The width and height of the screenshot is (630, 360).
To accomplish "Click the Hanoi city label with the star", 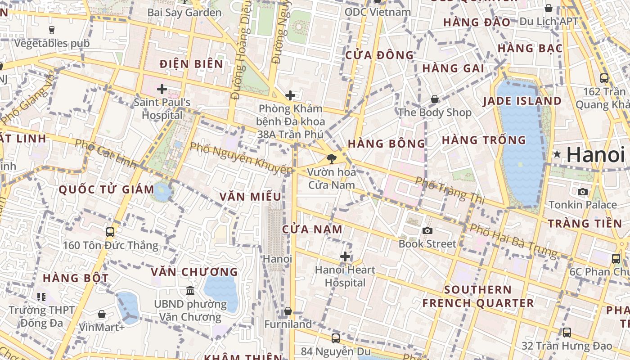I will [x=595, y=155].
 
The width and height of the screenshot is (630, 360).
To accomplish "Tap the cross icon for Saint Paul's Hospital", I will [x=162, y=89].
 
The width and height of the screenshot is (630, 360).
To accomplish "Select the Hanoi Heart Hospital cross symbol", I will [x=345, y=256].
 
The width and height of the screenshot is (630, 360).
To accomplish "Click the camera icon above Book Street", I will [x=427, y=231].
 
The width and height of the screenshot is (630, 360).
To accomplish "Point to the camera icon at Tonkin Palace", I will [x=583, y=192].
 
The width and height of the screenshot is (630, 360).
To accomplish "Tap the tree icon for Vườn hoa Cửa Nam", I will [x=332, y=158].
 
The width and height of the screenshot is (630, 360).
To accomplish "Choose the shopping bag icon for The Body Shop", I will [x=435, y=99].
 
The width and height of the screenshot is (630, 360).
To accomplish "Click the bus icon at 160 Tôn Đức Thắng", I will [x=110, y=232].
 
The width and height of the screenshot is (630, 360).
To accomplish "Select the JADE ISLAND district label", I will [x=522, y=101].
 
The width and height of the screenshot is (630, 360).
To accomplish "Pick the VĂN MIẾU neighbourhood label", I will [x=250, y=197].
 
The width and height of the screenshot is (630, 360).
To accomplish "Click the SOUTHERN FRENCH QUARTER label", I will [x=478, y=296].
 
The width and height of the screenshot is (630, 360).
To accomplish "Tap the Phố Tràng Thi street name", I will [x=450, y=189].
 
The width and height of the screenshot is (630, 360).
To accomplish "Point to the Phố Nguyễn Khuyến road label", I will [x=241, y=158].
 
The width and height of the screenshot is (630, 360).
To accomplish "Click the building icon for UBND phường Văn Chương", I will [x=190, y=290].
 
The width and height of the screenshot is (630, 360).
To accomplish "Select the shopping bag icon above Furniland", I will [x=288, y=311].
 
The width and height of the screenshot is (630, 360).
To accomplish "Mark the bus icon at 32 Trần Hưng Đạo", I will [x=567, y=333].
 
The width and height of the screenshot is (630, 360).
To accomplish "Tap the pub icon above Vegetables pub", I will [x=52, y=30].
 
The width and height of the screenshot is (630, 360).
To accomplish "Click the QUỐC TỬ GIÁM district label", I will [x=107, y=189].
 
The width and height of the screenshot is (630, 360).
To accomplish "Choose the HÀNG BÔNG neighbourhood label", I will [x=387, y=144].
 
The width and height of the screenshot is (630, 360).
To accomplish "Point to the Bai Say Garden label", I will [x=184, y=12].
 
